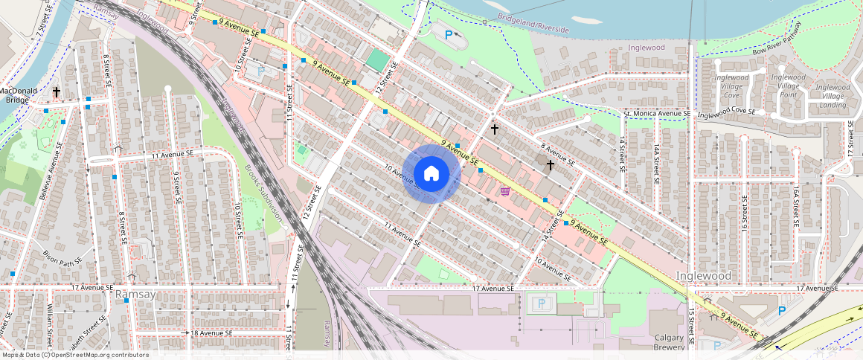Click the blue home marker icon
431,174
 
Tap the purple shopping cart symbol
506,191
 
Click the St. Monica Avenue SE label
658,115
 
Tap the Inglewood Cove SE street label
726,112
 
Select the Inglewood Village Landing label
832,95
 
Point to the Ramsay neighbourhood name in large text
135,295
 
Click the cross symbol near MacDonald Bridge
56,91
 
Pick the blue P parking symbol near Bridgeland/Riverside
448,34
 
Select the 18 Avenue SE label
215,332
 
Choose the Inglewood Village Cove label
731,86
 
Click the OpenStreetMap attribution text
74,355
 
